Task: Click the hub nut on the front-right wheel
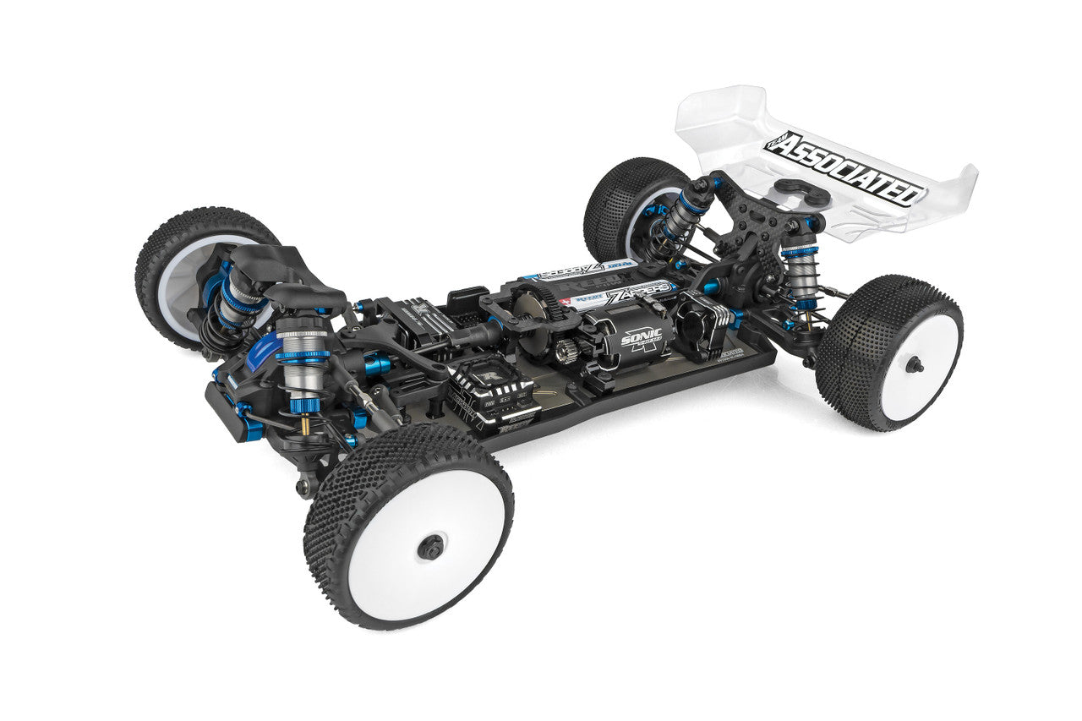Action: (x=431, y=548)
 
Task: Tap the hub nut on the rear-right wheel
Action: (x=913, y=364)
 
